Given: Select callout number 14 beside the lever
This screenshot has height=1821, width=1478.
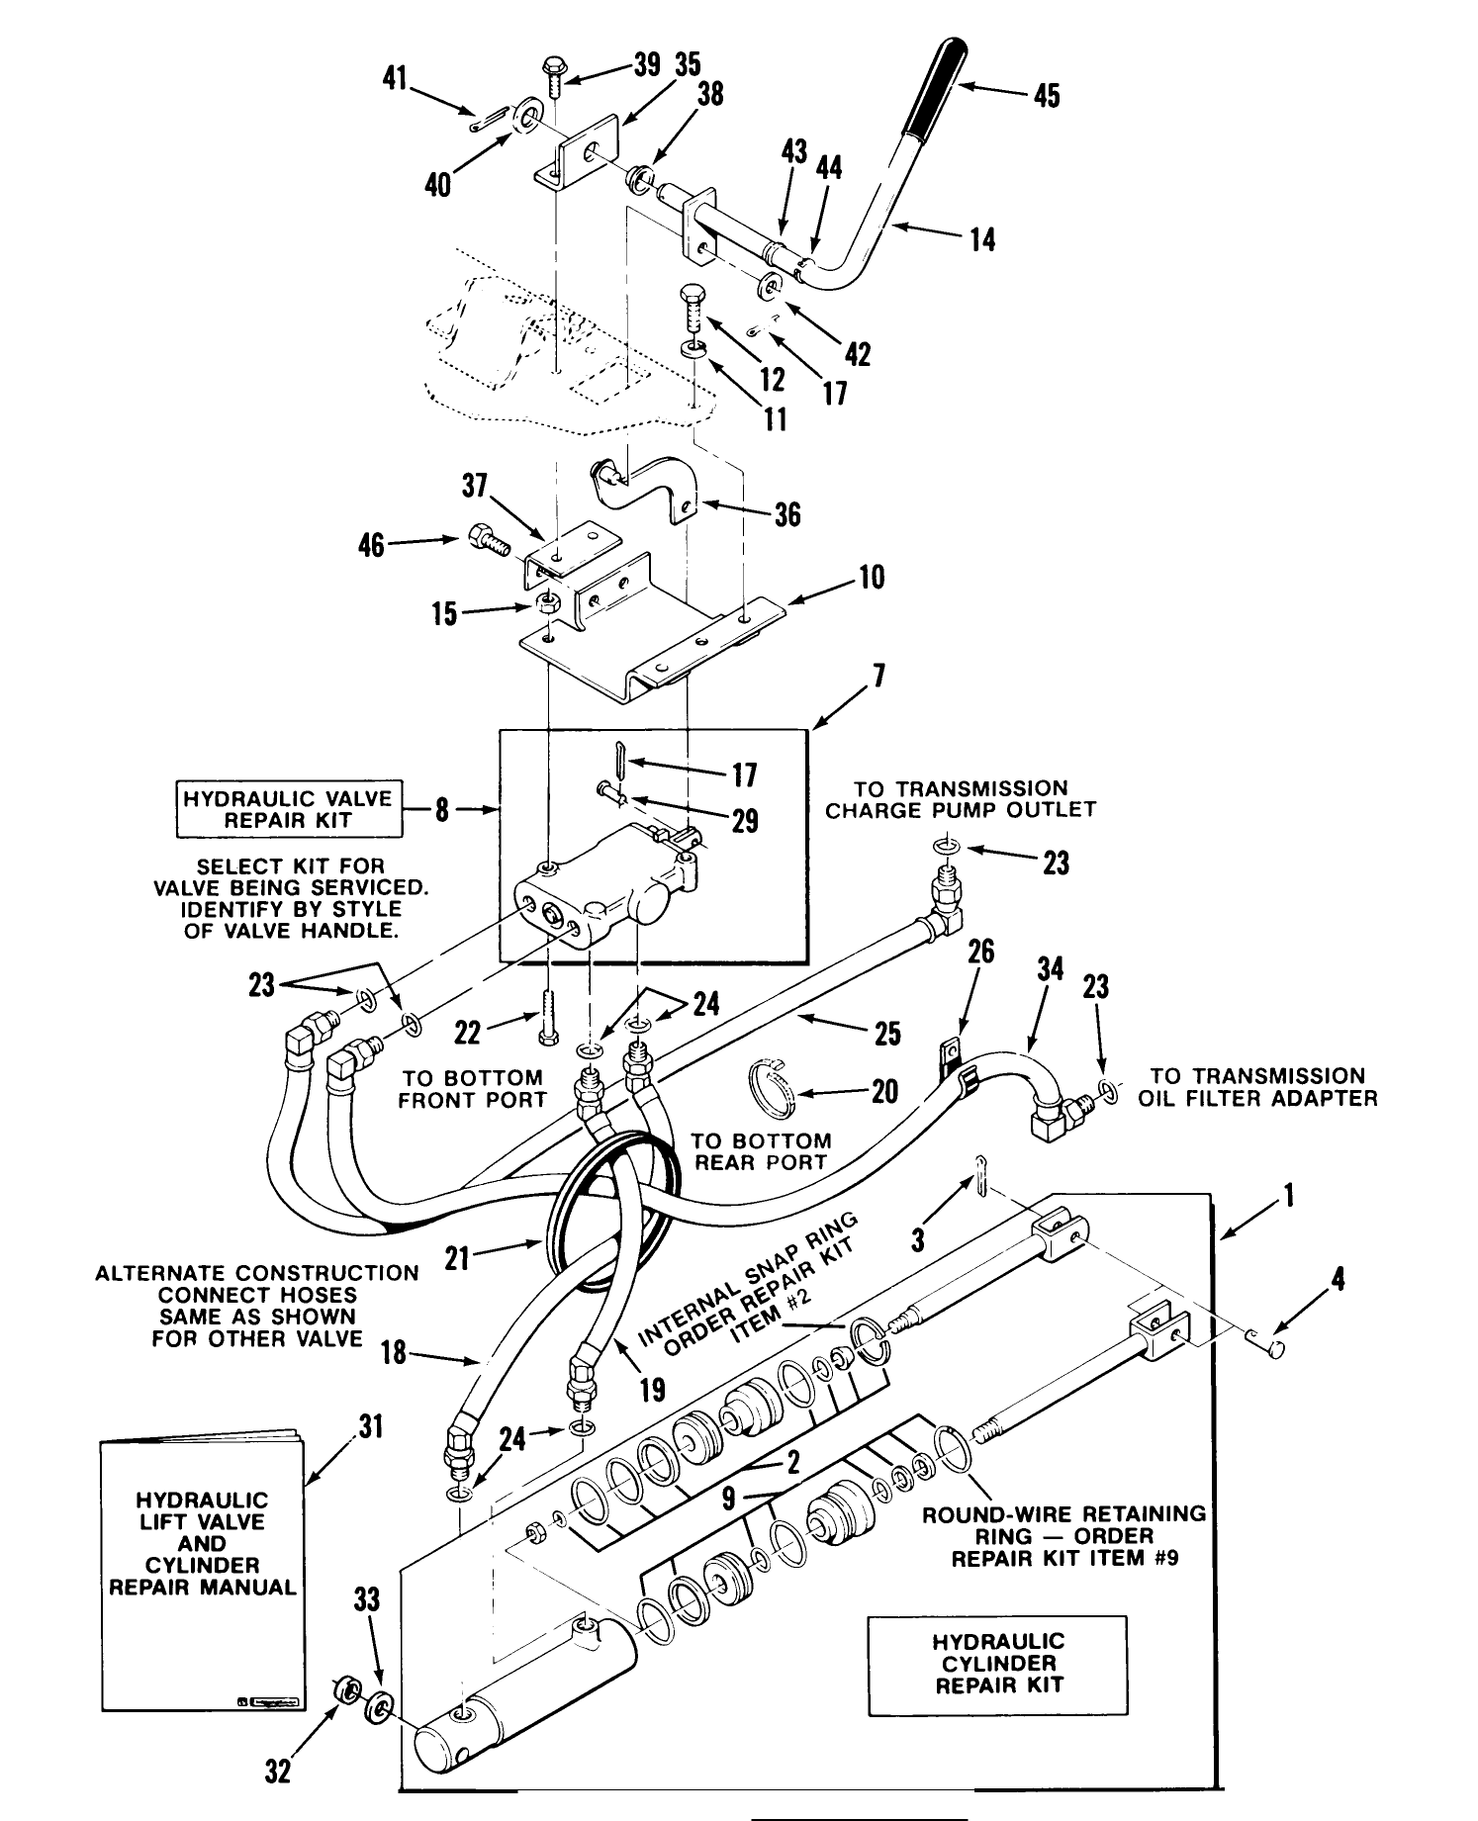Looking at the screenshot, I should (981, 240).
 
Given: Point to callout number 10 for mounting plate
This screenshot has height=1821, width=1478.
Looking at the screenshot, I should (872, 578).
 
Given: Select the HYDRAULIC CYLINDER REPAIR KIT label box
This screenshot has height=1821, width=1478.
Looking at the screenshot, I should (997, 1666).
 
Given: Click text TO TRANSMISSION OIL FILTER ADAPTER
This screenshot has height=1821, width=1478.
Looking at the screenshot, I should (1257, 1087).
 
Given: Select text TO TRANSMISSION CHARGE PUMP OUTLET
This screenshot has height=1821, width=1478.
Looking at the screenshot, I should (961, 799).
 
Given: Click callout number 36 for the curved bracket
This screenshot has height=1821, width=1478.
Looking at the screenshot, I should (787, 514).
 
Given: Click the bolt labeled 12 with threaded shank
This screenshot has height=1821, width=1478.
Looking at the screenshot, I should (693, 308).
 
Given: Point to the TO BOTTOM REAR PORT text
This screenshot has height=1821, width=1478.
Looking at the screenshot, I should (760, 1151).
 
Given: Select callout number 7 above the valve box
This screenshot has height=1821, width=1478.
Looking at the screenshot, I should (879, 678).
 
